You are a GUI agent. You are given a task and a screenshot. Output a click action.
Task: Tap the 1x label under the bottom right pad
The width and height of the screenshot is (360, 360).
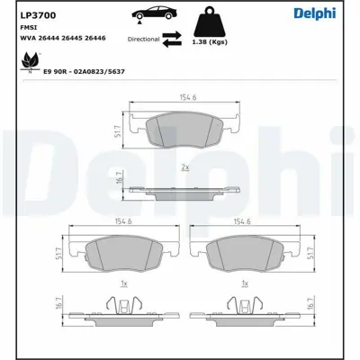point(244,284)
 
